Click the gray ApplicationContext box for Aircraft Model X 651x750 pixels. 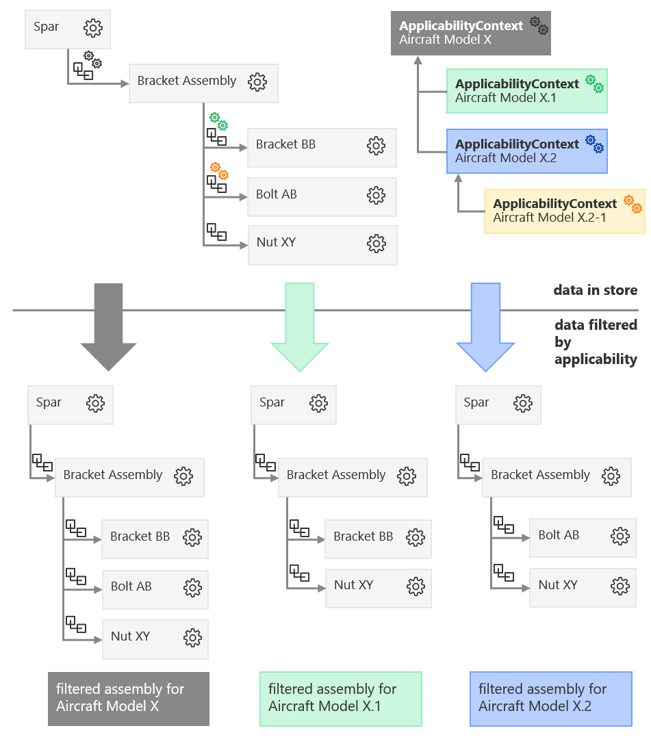coord(474,33)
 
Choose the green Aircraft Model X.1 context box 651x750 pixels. coord(526,90)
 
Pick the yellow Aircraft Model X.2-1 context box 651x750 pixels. coord(564,211)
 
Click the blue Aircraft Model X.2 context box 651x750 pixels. coord(526,151)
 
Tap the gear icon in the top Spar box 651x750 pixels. coord(92,28)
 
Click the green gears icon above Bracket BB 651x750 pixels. coord(218,121)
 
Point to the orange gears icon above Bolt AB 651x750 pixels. coord(218,170)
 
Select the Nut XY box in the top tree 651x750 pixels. coord(322,243)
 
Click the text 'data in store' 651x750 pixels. coord(595,290)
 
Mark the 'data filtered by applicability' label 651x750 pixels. coord(595,341)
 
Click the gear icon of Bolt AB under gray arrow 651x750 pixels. coord(192,587)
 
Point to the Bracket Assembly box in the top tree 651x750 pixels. coord(203,82)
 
